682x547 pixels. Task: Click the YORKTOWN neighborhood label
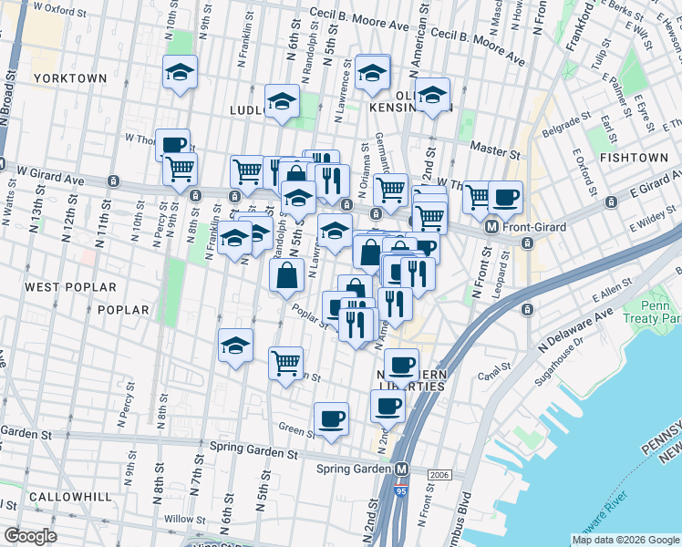point(70,78)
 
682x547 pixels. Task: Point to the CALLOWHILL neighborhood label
point(69,497)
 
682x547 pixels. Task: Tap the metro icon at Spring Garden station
point(400,469)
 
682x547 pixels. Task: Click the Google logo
point(30,536)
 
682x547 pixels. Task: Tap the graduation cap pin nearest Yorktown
point(180,72)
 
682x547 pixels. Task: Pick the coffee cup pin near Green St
point(332,418)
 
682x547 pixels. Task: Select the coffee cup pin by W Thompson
point(172,144)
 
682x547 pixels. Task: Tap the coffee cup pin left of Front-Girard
point(504,196)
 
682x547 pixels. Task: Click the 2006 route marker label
point(438,475)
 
